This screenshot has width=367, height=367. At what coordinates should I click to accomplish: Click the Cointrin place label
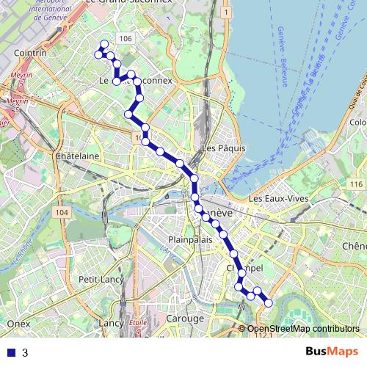tap(30, 54)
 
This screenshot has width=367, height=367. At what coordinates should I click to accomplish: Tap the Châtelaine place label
tap(77, 156)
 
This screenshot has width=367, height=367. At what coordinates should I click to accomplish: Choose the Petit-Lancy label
tap(99, 280)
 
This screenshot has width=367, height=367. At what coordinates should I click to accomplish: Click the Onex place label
tap(17, 323)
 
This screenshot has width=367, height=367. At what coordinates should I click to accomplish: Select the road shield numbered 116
tap(357, 183)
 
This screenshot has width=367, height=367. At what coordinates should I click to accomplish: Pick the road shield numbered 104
tap(61, 212)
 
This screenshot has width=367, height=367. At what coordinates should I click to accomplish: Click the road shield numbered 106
tap(124, 39)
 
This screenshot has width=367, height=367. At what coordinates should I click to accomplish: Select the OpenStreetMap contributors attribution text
tap(303, 328)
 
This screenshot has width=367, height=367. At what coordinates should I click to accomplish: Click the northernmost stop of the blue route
tap(104, 45)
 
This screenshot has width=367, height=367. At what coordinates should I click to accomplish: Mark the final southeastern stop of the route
tap(268, 303)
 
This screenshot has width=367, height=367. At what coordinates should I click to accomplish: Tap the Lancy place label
tap(111, 322)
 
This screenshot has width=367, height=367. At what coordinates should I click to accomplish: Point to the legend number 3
tap(25, 352)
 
